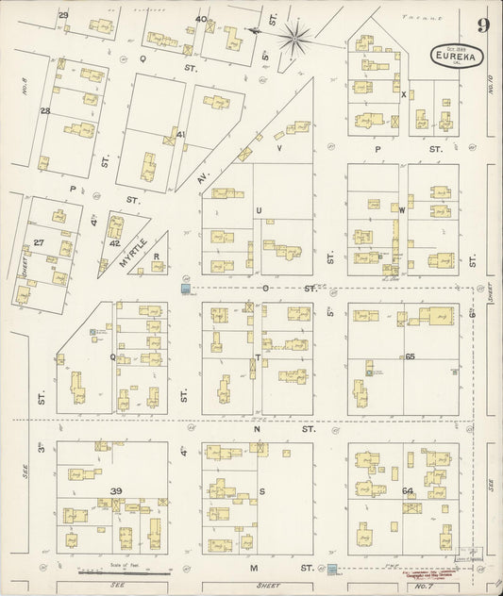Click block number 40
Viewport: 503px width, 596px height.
point(200,18)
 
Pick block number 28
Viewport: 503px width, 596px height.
point(44,111)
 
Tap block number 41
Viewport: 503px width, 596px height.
point(180,134)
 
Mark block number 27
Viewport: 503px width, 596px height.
point(39,242)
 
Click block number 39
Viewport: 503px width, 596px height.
point(116,491)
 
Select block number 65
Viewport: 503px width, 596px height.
point(410,356)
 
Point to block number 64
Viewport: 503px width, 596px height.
point(408,490)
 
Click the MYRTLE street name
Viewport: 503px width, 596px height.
point(131,252)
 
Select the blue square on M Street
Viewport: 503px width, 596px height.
point(332,569)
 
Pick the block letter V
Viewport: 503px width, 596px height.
point(279,148)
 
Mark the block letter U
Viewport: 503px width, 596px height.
point(259,210)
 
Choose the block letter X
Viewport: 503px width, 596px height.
point(403,94)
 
